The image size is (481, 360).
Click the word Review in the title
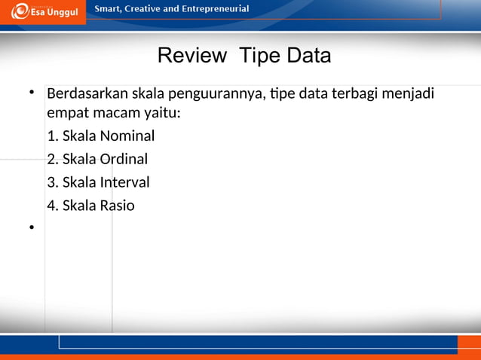(191, 56)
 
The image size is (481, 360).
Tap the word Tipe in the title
(256, 56)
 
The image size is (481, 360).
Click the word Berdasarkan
(87, 95)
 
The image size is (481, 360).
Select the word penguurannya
(217, 96)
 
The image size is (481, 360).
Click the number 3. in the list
(52, 182)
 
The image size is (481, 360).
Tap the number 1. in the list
(52, 136)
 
